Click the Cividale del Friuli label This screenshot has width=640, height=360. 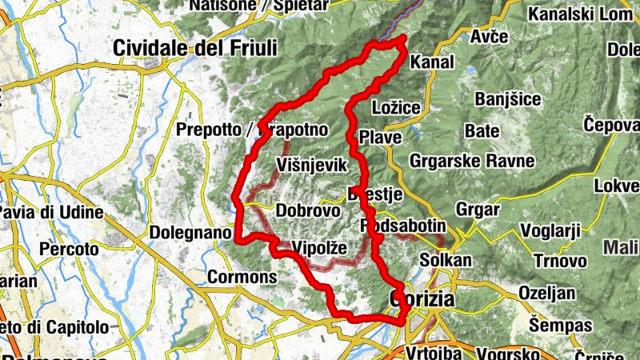(195, 48)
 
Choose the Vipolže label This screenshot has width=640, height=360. (319, 247)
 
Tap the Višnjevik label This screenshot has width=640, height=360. (311, 165)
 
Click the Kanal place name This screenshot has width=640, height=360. (431, 62)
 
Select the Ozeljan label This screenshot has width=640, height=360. (546, 293)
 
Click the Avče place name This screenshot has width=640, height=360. (490, 38)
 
